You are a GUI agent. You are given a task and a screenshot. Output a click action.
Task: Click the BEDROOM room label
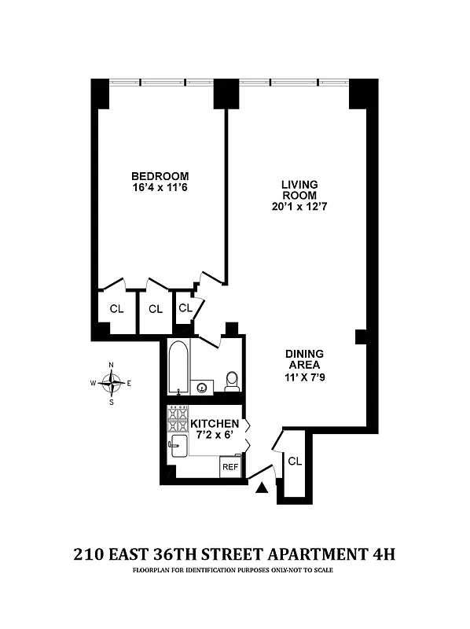click(160, 175)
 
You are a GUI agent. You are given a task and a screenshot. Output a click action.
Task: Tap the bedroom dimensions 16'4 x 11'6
click(160, 188)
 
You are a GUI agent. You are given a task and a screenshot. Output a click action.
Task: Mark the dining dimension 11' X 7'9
click(304, 377)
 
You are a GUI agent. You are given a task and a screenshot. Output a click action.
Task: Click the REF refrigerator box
click(229, 467)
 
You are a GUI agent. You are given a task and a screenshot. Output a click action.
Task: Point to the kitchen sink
click(175, 447)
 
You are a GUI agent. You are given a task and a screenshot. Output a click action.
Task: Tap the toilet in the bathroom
click(232, 381)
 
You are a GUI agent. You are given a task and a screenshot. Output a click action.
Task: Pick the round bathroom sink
click(203, 387)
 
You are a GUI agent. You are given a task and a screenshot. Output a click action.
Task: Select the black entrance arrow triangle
click(262, 489)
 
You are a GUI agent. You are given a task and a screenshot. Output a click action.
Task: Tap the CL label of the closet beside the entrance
click(295, 461)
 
